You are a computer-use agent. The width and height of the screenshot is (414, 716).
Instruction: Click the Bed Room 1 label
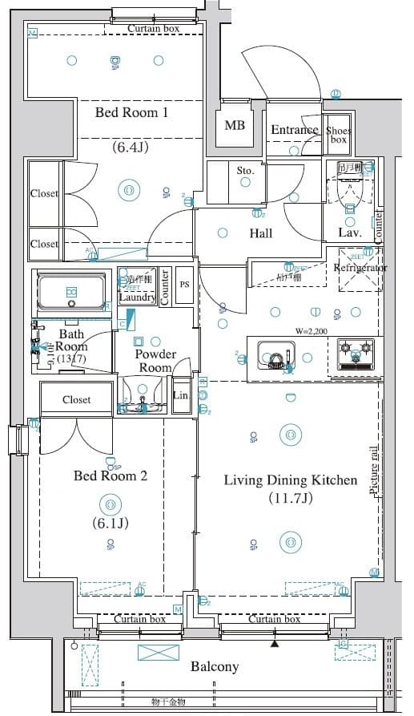click(131, 113)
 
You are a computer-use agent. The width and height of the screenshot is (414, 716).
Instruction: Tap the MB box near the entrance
click(235, 126)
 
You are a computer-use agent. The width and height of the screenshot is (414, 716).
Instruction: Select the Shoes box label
click(338, 135)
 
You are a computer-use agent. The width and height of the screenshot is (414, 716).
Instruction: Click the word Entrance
click(295, 130)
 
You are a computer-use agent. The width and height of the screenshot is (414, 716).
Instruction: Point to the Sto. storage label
click(245, 171)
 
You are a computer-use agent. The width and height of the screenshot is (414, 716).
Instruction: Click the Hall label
click(260, 233)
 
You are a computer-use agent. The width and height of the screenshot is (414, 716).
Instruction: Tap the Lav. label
click(350, 233)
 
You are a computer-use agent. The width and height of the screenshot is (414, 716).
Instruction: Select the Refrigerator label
click(360, 268)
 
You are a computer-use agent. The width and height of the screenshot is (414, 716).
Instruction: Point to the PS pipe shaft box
click(184, 284)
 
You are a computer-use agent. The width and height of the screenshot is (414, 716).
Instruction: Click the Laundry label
click(136, 297)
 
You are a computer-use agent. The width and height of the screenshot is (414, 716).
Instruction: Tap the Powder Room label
click(155, 361)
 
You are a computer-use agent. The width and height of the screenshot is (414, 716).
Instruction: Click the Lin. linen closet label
click(181, 395)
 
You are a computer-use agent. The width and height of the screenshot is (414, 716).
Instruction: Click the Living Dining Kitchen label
click(290, 480)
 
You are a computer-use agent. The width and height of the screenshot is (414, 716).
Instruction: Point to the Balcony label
click(215, 666)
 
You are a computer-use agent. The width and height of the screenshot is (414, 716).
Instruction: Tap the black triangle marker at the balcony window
click(275, 643)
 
